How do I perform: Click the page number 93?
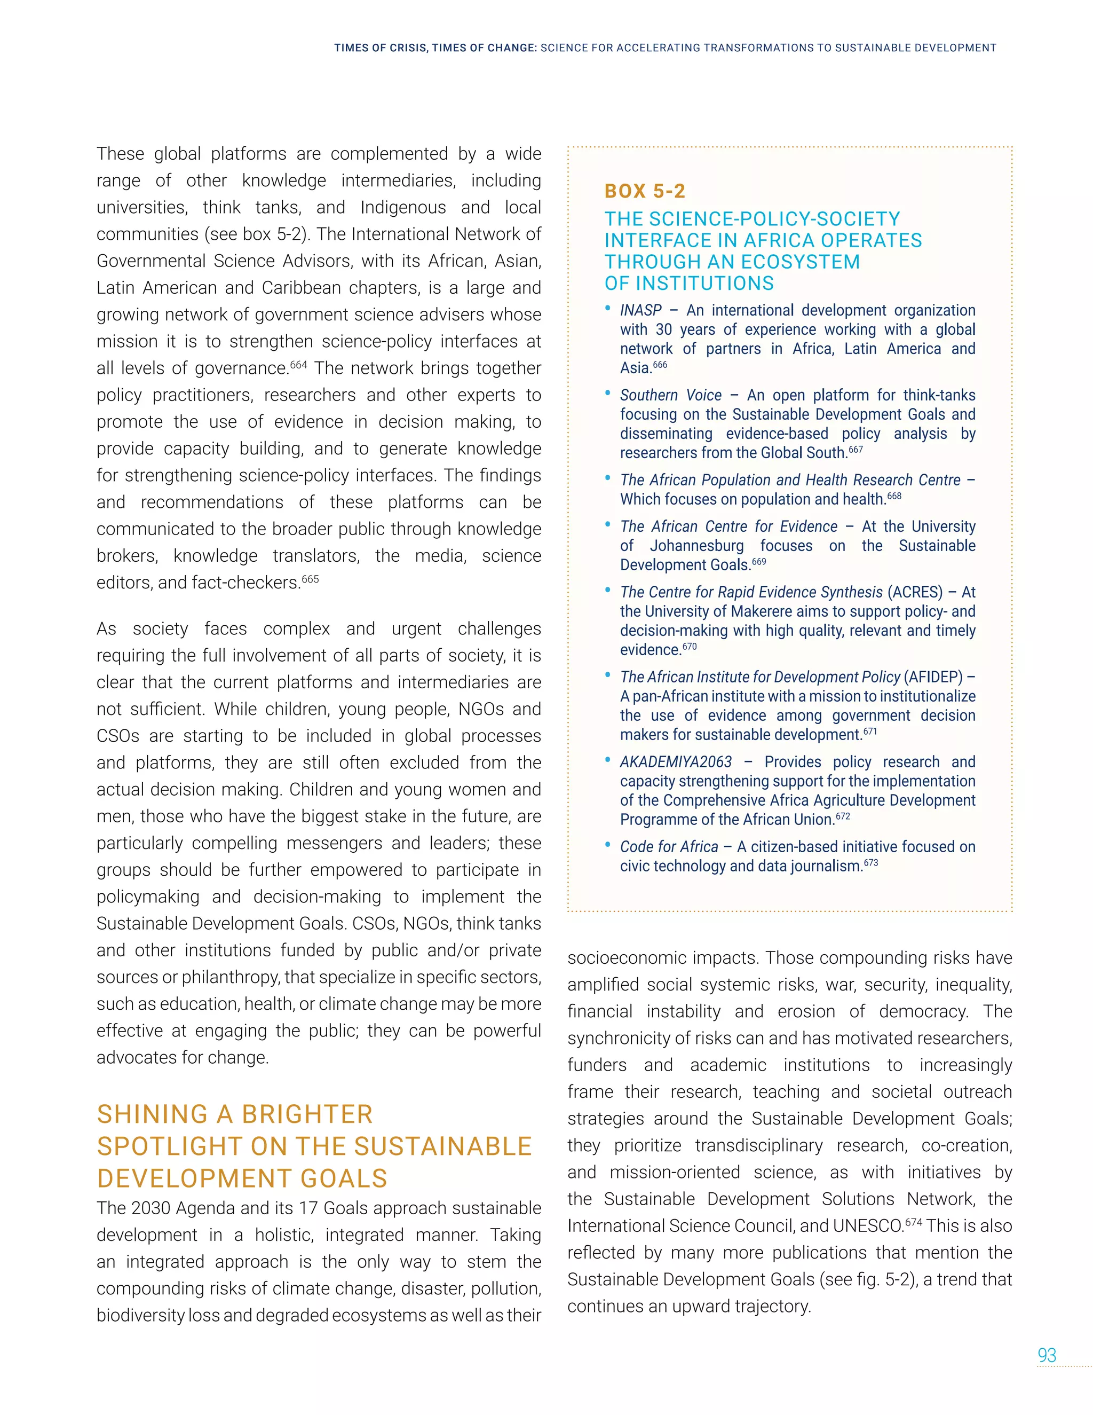[1047, 1355]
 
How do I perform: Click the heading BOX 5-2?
[644, 191]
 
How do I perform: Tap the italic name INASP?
[640, 310]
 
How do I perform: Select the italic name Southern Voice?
[670, 395]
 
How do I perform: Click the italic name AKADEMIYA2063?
[675, 762]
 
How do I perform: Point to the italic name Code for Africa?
[669, 847]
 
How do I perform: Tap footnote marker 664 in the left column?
[298, 364]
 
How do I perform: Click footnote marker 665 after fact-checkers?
[310, 579]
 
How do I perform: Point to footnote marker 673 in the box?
[871, 862]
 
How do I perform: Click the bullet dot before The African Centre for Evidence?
[607, 524]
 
